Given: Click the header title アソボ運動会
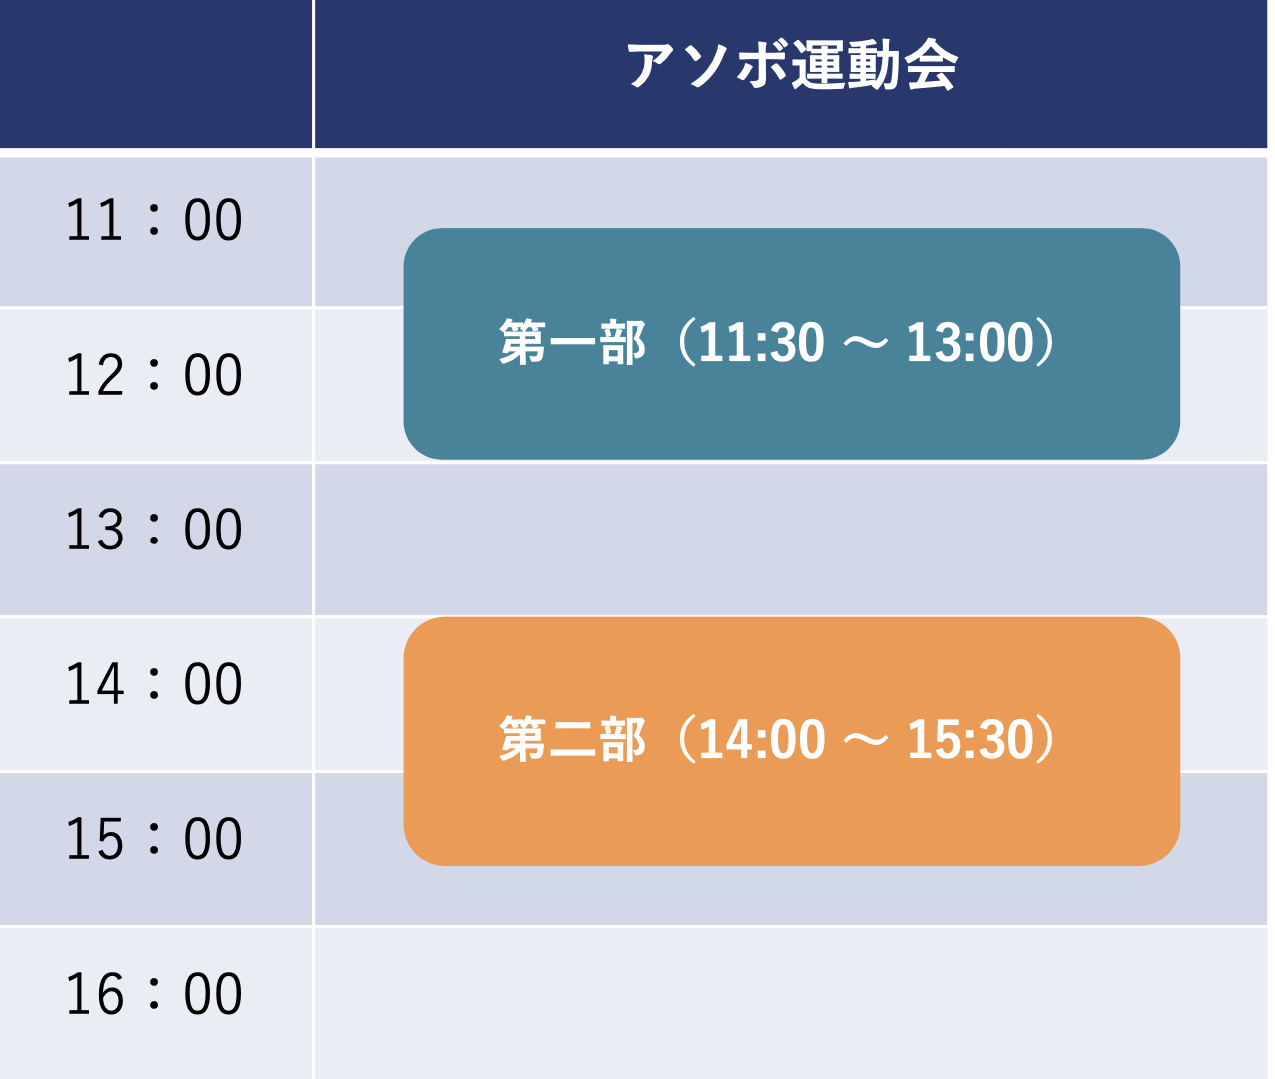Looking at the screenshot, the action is pyautogui.click(x=791, y=65).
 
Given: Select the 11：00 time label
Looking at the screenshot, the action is pyautogui.click(x=154, y=220).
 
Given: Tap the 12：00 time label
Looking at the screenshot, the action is pyautogui.click(x=154, y=375).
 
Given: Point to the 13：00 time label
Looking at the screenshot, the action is pyautogui.click(x=154, y=530).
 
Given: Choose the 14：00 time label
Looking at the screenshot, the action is pyautogui.click(x=154, y=684).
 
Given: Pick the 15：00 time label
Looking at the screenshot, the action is pyautogui.click(x=154, y=839).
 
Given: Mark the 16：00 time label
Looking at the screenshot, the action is pyautogui.click(x=154, y=994).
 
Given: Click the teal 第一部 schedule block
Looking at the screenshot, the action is pyautogui.click(x=791, y=344).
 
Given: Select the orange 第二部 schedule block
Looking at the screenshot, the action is pyautogui.click(x=791, y=741).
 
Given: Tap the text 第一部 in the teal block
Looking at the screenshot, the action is pyautogui.click(x=572, y=342).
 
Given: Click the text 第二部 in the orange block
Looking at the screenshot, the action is pyautogui.click(x=572, y=739).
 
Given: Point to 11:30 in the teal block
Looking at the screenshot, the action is pyautogui.click(x=761, y=343).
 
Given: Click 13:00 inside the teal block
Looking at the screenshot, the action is pyautogui.click(x=970, y=343).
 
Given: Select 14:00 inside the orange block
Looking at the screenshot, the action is pyautogui.click(x=762, y=740).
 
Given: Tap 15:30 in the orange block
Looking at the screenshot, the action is pyautogui.click(x=971, y=740).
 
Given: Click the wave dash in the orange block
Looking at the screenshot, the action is pyautogui.click(x=866, y=740).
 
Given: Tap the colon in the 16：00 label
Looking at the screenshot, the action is pyautogui.click(x=154, y=994).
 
